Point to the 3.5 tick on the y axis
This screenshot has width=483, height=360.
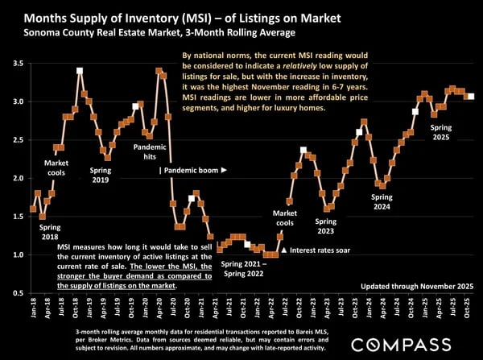15,63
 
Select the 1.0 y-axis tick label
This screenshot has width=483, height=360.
15,254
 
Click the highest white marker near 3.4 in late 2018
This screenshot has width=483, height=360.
80,71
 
